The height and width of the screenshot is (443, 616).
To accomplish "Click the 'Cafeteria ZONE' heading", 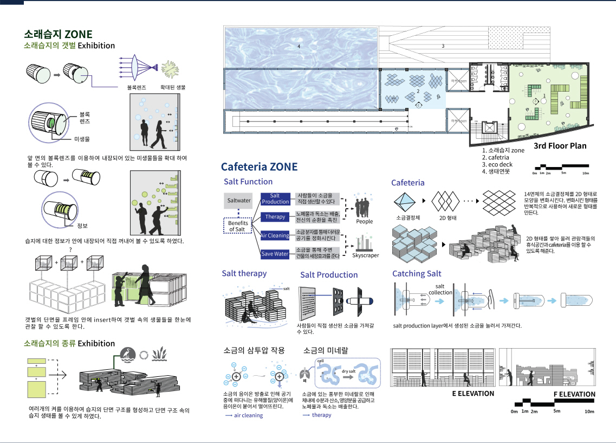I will [259, 166].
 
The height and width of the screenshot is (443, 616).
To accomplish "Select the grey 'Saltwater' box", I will [238, 201].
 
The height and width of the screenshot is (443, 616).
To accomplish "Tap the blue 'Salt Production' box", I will [275, 198].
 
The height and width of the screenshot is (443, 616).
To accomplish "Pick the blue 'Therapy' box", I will [275, 217].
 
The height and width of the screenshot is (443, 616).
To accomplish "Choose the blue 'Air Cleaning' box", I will [275, 236].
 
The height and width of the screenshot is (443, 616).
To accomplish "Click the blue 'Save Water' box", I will [275, 254].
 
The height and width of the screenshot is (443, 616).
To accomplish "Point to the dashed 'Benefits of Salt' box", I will [238, 226].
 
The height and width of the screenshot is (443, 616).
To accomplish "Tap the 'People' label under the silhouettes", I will [365, 221].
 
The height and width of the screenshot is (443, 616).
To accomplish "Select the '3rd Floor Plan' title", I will [560, 146].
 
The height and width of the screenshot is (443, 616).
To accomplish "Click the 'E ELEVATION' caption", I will [473, 393].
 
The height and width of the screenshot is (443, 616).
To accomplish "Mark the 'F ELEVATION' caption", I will [574, 394].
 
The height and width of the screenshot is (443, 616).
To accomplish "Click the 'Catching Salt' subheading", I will [416, 274].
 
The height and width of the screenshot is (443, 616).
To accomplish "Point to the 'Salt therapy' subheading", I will [244, 273].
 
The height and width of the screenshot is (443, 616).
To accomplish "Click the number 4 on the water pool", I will [299, 47].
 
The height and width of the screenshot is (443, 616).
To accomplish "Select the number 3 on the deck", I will [443, 46].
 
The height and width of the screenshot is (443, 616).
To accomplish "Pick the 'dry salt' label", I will [348, 371].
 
